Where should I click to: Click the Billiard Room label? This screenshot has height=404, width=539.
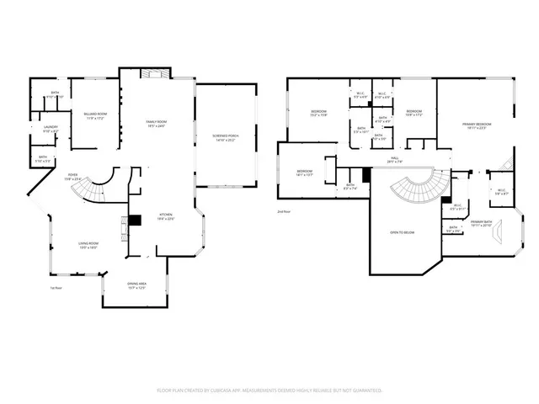[94, 114]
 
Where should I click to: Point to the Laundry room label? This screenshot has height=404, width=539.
[51, 129]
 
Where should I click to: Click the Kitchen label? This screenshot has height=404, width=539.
[166, 216]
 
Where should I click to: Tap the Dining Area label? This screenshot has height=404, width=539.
[137, 285]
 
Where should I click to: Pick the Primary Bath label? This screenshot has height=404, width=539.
[481, 223]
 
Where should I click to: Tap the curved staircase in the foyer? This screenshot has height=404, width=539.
[94, 192]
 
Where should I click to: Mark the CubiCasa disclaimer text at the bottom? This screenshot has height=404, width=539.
[269, 391]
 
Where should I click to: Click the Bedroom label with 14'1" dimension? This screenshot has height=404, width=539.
[304, 173]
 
